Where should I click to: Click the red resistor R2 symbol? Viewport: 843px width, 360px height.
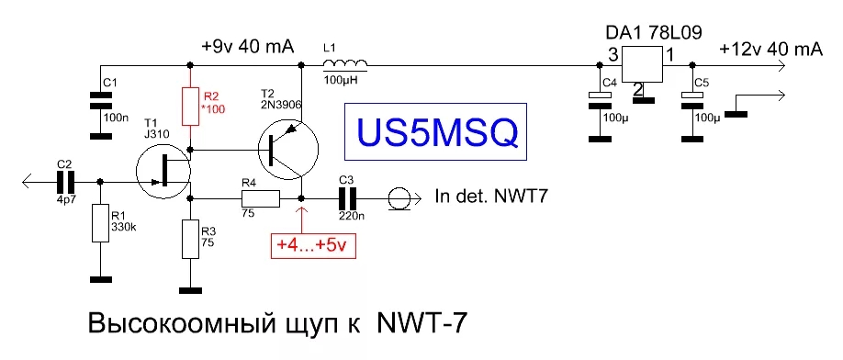tap(190, 106)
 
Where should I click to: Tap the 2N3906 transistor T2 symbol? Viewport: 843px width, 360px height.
tap(288, 151)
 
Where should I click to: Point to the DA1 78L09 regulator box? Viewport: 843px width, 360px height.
tap(642, 64)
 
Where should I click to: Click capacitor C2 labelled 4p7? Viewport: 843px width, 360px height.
tap(67, 182)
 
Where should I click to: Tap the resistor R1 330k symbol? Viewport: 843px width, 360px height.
tap(99, 222)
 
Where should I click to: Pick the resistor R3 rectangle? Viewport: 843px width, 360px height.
tap(190, 239)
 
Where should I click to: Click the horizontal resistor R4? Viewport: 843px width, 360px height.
tap(260, 198)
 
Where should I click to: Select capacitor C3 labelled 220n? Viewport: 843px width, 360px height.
tap(348, 198)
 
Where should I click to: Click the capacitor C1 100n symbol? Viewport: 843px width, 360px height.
tap(99, 99)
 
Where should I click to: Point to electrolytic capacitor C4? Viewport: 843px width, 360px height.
tap(600, 99)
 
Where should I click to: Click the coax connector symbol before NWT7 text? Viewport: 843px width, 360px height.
tap(399, 198)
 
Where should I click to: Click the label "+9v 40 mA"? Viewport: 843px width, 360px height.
tap(248, 47)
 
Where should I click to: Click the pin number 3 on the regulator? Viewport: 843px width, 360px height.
tap(612, 54)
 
